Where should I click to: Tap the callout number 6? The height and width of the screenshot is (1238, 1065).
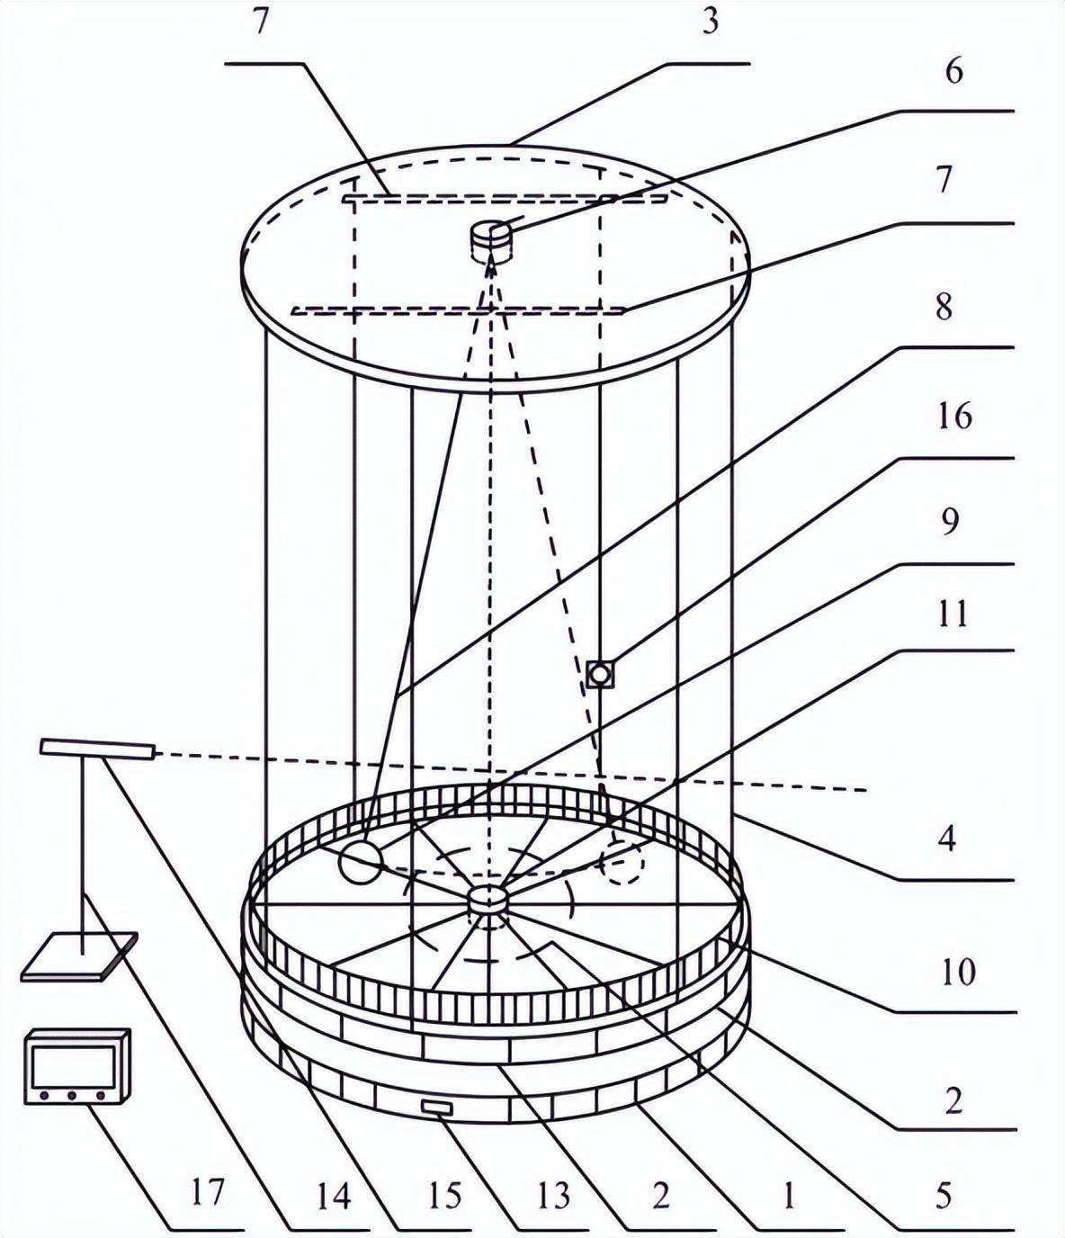pyautogui.click(x=953, y=71)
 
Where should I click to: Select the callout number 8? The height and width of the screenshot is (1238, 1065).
pyautogui.click(x=944, y=309)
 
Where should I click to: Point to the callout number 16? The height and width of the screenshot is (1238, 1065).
pyautogui.click(x=954, y=416)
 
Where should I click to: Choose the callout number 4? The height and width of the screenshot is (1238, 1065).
pyautogui.click(x=947, y=839)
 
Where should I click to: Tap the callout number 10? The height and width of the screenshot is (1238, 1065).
pyautogui.click(x=959, y=972)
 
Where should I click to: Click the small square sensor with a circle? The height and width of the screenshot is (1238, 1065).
pyautogui.click(x=599, y=675)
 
